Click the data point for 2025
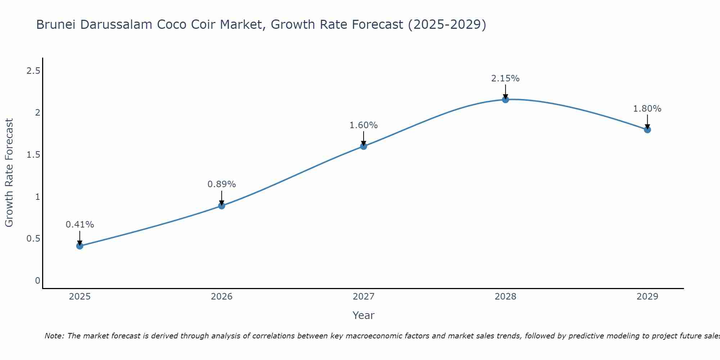(80, 246)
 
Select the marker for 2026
(222, 206)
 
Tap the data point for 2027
(364, 146)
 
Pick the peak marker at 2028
(505, 99)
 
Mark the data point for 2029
(647, 129)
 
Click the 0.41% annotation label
(80, 225)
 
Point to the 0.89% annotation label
(222, 184)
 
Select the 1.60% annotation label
(364, 125)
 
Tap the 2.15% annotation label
(505, 78)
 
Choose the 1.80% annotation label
(647, 109)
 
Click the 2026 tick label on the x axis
(222, 297)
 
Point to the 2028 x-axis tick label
(505, 297)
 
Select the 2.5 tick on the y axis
(33, 71)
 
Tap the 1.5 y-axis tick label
(33, 155)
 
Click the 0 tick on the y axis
(37, 281)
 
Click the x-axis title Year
(364, 315)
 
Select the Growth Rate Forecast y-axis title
(9, 173)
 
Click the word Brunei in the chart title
(56, 24)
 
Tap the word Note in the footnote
(54, 336)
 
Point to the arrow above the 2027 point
(364, 138)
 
